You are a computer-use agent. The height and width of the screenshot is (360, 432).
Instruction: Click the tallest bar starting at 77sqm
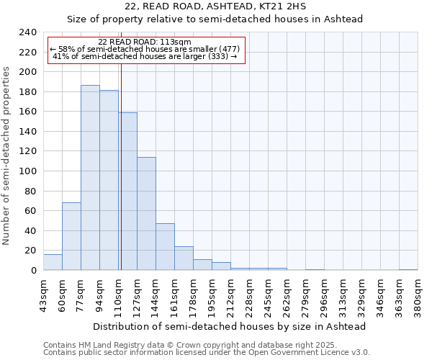pos(90,178)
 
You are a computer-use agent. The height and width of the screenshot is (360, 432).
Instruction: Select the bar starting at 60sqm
pos(71,236)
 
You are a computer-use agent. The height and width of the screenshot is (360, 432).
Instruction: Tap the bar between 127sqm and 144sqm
pos(146,214)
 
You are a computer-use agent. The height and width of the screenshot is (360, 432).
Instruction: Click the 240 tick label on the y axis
pos(27,32)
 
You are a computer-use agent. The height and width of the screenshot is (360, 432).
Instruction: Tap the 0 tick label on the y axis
pos(33,271)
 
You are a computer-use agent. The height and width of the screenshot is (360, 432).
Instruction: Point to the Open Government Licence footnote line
pos(207,353)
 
